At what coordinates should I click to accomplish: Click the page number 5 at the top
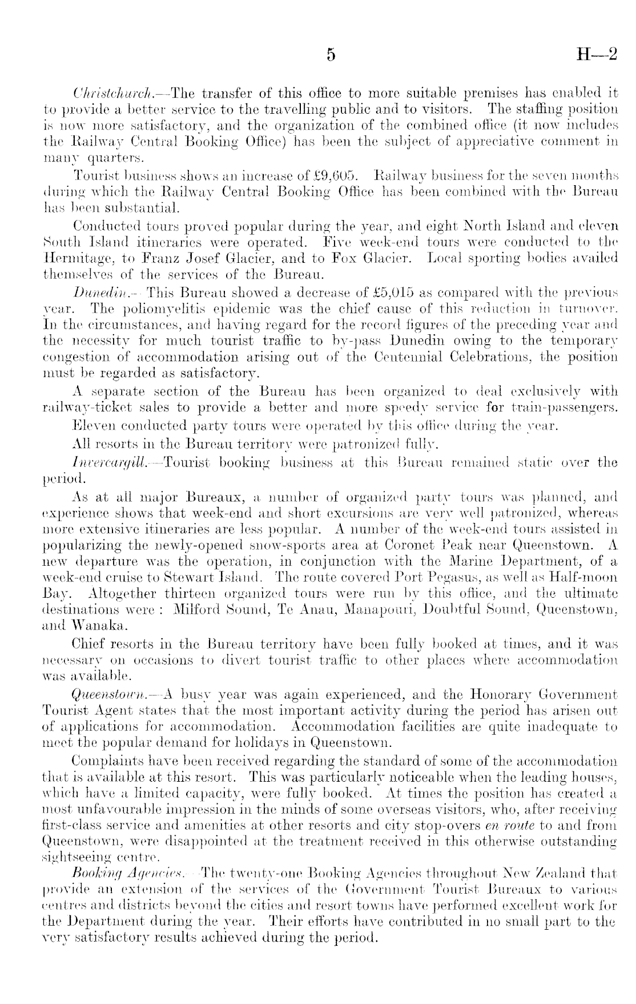(x=330, y=55)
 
